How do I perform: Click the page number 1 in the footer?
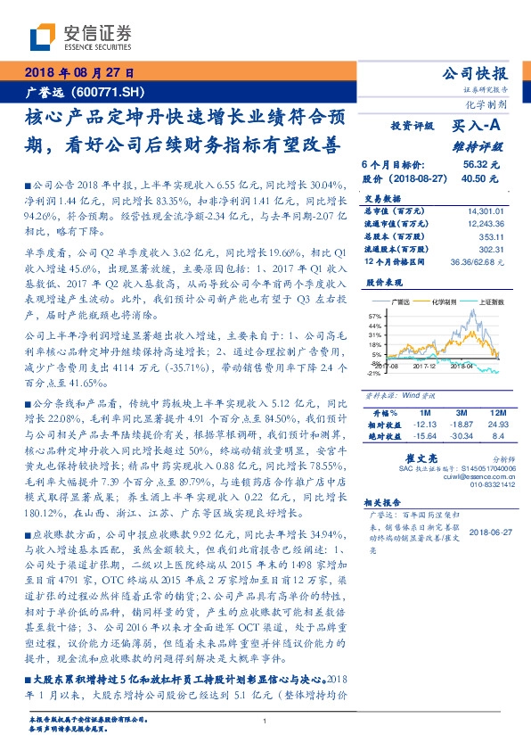[x=265, y=721]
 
